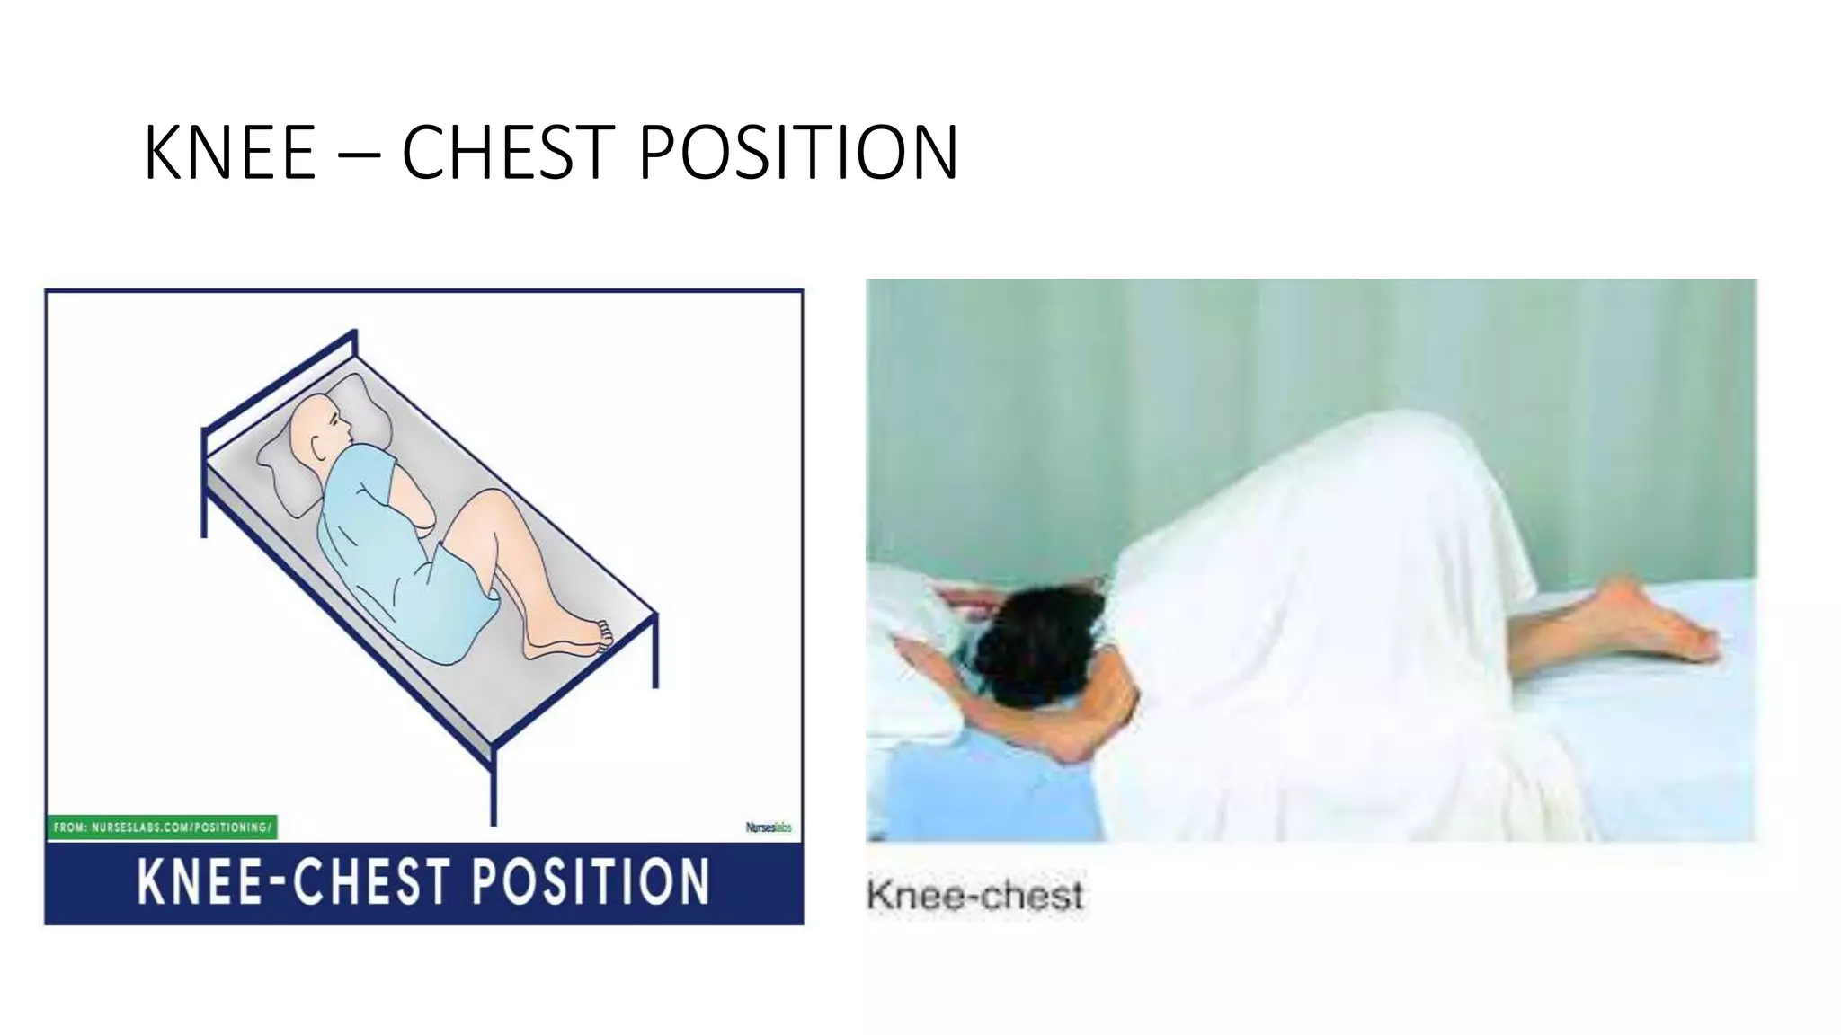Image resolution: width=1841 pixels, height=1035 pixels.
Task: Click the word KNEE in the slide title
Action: pyautogui.click(x=229, y=153)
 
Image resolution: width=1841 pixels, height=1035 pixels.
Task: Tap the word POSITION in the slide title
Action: pyautogui.click(x=798, y=153)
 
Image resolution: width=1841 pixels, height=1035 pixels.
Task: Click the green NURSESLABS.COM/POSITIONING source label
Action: pyautogui.click(x=162, y=827)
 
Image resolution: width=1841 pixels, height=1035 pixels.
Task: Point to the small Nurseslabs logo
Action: pyautogui.click(x=769, y=827)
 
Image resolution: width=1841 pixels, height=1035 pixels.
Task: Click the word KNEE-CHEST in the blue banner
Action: pyautogui.click(x=293, y=881)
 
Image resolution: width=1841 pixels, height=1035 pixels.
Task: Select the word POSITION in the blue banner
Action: pyautogui.click(x=591, y=881)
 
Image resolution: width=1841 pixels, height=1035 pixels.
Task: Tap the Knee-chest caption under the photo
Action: pyautogui.click(x=974, y=896)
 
